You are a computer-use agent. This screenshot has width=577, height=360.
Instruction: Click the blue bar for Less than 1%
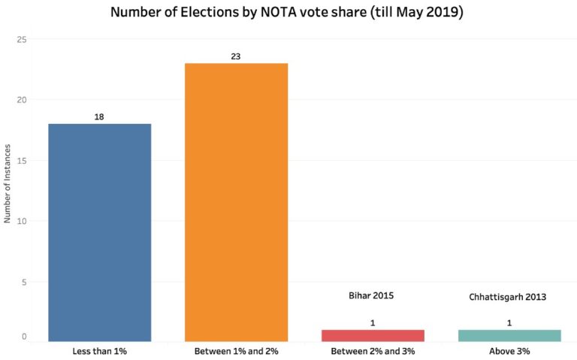coord(100,233)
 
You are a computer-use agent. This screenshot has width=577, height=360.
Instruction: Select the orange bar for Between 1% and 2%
coord(236,202)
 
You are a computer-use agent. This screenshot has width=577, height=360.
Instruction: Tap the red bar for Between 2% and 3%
coord(372,336)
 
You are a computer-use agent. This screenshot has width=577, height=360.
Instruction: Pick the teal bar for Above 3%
coord(509,336)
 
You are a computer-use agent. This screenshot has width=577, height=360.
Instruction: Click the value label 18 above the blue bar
coord(100,117)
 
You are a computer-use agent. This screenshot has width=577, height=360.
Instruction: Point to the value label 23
coord(236,56)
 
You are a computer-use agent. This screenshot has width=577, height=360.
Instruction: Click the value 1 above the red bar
coord(372,323)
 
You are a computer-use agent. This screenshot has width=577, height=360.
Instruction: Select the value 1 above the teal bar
coord(509,323)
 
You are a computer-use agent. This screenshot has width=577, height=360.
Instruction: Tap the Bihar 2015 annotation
coord(372,296)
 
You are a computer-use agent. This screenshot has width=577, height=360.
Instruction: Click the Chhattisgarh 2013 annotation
coord(509,297)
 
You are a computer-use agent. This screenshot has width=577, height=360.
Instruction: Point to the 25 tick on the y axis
coord(22,39)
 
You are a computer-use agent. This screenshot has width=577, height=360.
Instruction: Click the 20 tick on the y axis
coord(22,100)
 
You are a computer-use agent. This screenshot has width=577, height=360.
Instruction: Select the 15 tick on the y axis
coord(22,161)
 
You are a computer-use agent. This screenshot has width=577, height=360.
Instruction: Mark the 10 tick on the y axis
coord(22,222)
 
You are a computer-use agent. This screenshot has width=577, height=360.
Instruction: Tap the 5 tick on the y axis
coord(24,283)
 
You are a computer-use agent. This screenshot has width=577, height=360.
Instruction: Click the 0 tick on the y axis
coord(24,337)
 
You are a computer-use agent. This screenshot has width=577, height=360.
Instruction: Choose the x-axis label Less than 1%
coord(100,352)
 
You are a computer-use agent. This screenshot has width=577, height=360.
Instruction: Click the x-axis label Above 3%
coord(509,352)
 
